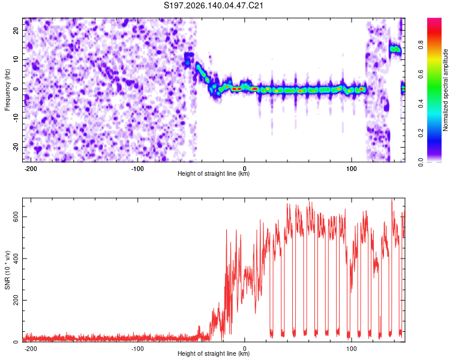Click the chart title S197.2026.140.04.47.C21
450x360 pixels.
tap(214, 5)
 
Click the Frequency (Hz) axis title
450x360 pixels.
tap(7, 90)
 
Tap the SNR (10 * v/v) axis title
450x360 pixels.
tap(7, 270)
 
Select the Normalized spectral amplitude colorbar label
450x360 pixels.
tap(445, 90)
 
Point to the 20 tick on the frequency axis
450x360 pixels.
tap(16, 30)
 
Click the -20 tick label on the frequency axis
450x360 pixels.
tap(16, 147)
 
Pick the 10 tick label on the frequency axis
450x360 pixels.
tap(16, 59)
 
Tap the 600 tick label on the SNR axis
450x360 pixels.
tap(16, 217)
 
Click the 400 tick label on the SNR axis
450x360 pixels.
tap(16, 259)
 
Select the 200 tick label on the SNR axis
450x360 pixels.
tap(16, 300)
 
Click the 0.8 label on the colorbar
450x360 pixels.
tap(421, 45)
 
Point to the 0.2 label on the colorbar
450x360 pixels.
tap(421, 133)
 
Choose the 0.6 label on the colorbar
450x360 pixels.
tap(421, 74)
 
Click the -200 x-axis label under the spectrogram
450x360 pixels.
tap(30, 169)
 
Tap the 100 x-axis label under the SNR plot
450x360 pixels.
tap(351, 349)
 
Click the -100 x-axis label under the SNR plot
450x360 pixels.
tap(137, 349)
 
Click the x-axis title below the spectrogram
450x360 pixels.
tap(214, 173)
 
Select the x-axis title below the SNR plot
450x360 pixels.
tap(214, 353)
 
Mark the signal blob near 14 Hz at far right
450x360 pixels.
tap(395, 49)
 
